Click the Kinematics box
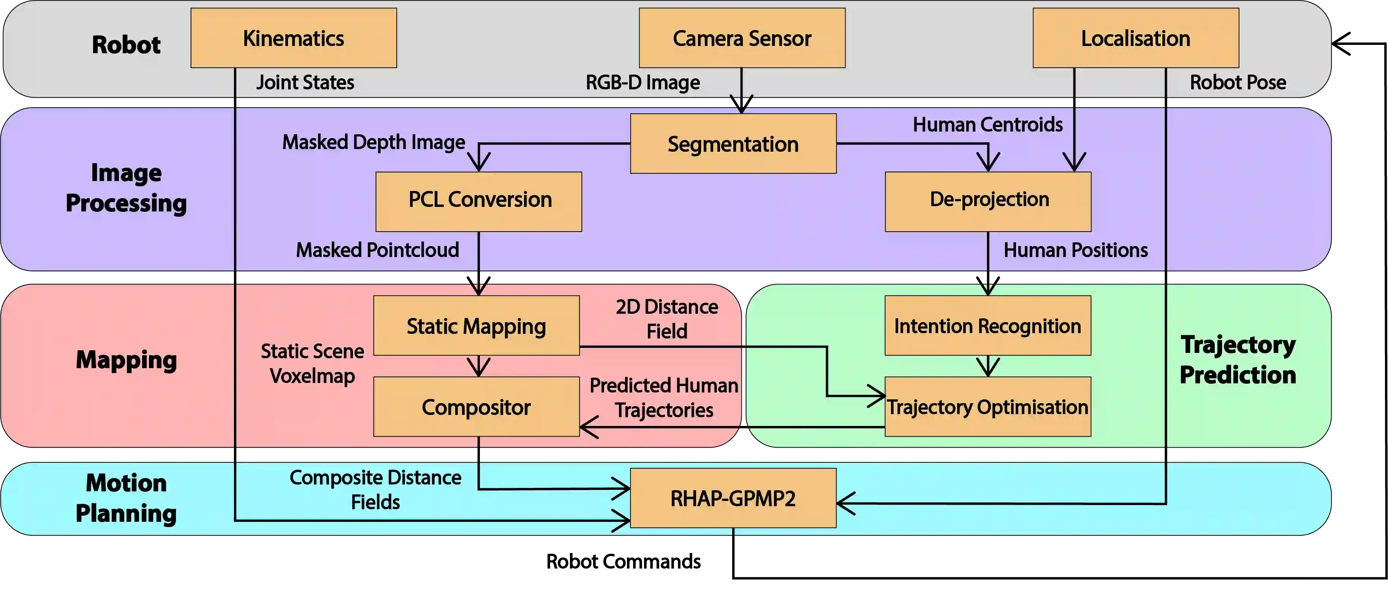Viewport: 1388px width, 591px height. pyautogui.click(x=294, y=38)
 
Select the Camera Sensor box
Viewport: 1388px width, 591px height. pyautogui.click(x=742, y=38)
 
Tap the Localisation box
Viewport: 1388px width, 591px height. pyautogui.click(x=1135, y=38)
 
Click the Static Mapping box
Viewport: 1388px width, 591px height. pyautogui.click(x=476, y=325)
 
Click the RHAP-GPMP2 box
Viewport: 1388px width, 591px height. pyautogui.click(x=733, y=498)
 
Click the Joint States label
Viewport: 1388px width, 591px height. pyautogui.click(x=305, y=83)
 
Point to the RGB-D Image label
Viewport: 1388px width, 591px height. pyautogui.click(x=643, y=83)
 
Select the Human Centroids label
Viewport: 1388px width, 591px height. pyautogui.click(x=988, y=125)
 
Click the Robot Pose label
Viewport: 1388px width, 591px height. pyautogui.click(x=1238, y=83)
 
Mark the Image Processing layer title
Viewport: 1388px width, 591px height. pyautogui.click(x=126, y=187)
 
